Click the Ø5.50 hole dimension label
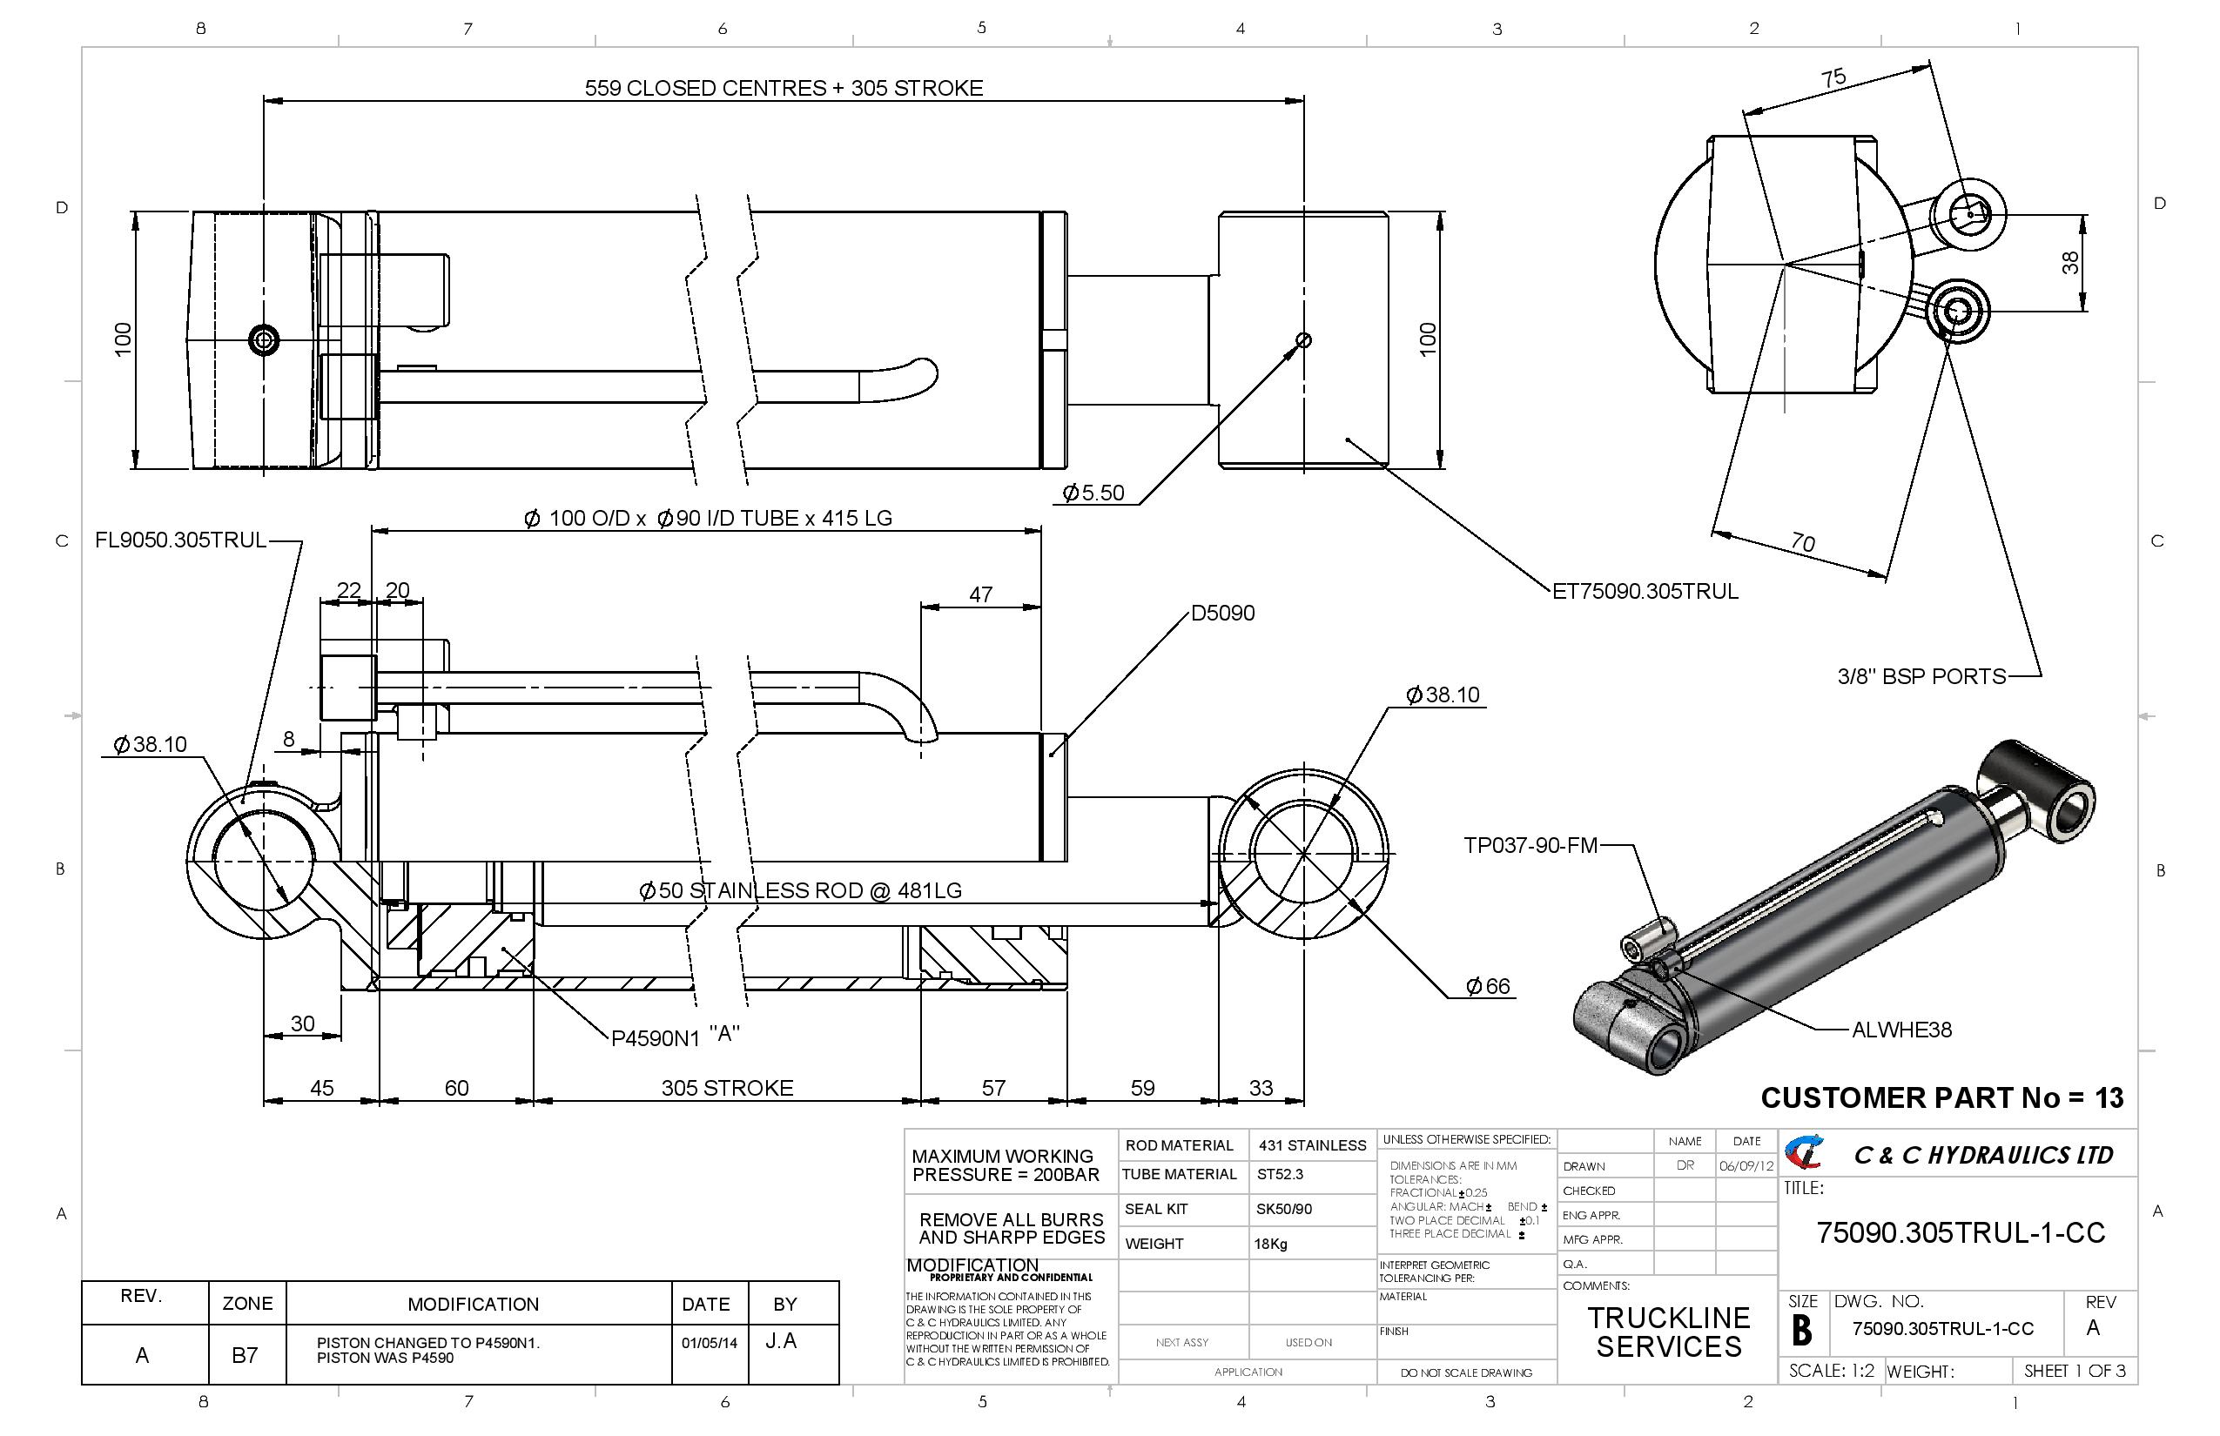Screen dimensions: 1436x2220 1094,493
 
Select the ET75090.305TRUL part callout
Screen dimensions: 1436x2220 1645,591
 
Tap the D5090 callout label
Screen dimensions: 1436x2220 1223,613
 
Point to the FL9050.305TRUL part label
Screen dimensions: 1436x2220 181,540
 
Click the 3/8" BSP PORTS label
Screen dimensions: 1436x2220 1921,676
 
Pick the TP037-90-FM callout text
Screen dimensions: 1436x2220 1530,846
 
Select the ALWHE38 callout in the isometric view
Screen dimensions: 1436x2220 1901,1030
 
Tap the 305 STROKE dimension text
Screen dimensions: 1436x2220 728,1087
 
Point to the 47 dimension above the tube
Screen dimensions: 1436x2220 980,594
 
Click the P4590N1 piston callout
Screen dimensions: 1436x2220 655,1037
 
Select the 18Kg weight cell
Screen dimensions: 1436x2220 1270,1244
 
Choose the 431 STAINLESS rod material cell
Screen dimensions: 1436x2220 1311,1145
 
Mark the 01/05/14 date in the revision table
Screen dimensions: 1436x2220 709,1344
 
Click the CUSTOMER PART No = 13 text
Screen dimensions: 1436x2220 1941,1097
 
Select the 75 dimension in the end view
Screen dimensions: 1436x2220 1833,77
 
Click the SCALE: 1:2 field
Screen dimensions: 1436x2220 1831,1371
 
